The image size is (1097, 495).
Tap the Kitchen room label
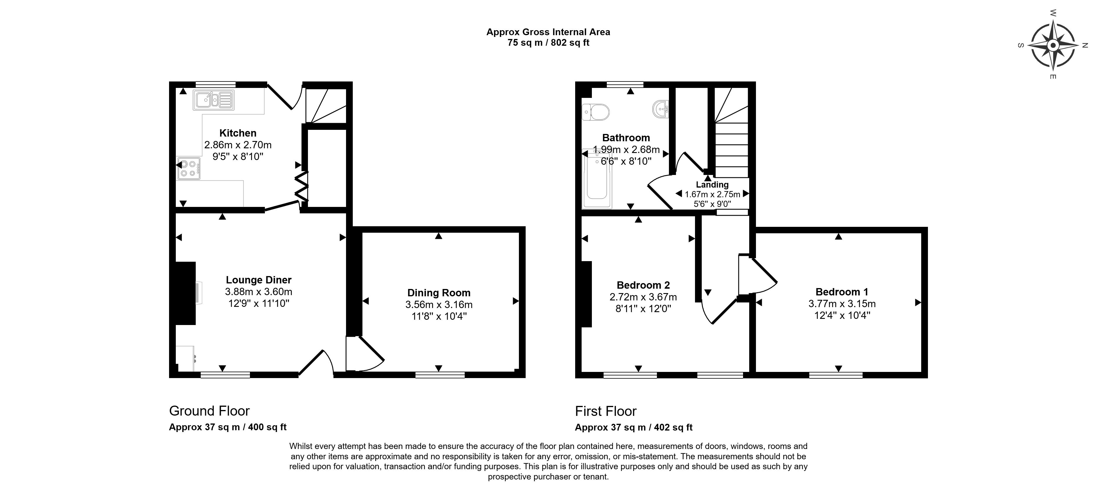click(x=238, y=133)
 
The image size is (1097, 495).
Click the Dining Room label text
click(x=439, y=293)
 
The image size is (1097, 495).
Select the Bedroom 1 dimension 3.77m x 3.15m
click(x=842, y=304)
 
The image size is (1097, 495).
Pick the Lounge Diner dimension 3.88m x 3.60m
click(x=258, y=292)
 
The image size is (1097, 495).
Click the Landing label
click(x=712, y=184)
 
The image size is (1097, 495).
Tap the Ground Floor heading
click(x=209, y=411)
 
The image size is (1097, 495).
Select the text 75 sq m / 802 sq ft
click(x=548, y=42)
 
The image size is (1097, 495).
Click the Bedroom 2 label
click(x=643, y=285)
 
